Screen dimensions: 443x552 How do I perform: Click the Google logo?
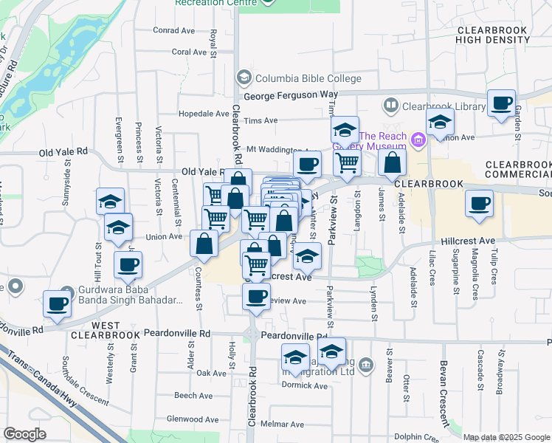tap(24, 433)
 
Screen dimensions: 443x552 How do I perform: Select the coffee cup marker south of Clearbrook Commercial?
tap(479, 202)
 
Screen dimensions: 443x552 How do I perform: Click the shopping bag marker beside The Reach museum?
tap(393, 163)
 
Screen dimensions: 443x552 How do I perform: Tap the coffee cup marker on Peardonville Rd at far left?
tap(57, 303)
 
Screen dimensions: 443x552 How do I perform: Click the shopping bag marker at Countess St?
tap(204, 244)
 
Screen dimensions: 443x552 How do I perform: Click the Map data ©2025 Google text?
tap(506, 436)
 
